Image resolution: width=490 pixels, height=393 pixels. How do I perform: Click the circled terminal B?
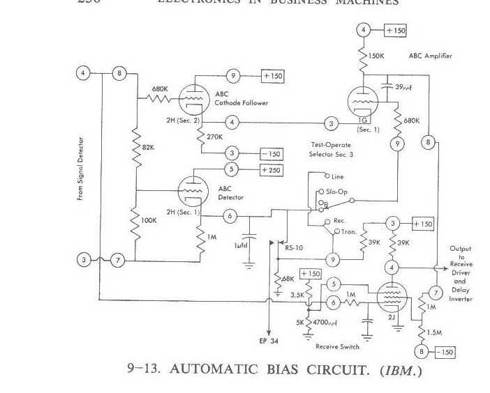pos(422,351)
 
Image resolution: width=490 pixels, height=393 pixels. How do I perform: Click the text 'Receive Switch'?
pos(337,346)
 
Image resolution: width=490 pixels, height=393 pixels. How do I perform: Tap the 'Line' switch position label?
pos(337,177)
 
